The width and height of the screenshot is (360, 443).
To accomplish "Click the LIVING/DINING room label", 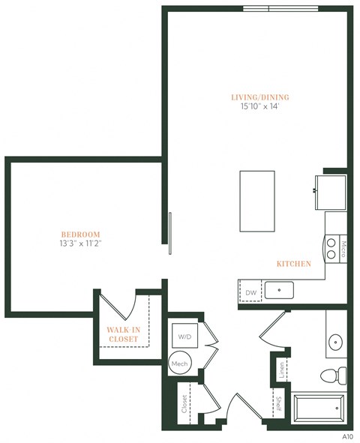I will [x=260, y=97].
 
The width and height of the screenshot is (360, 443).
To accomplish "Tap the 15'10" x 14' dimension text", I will [x=260, y=108].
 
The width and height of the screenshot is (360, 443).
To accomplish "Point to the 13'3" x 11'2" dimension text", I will [x=80, y=244].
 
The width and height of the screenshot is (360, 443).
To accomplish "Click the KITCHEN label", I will [x=294, y=264].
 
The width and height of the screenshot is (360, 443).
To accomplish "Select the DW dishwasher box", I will [x=250, y=292].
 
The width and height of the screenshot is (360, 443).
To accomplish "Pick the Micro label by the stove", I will [x=343, y=248].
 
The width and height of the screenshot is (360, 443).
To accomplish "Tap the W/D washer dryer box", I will [x=184, y=336].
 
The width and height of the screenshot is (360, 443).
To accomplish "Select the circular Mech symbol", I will [x=179, y=363].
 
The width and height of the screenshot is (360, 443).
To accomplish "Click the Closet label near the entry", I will [x=184, y=405].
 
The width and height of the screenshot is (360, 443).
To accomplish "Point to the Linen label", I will [x=281, y=369].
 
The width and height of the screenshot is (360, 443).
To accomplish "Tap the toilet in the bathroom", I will [x=331, y=373].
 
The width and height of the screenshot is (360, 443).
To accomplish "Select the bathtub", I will [x=318, y=409].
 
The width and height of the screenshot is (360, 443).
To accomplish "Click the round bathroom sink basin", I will [x=335, y=343].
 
